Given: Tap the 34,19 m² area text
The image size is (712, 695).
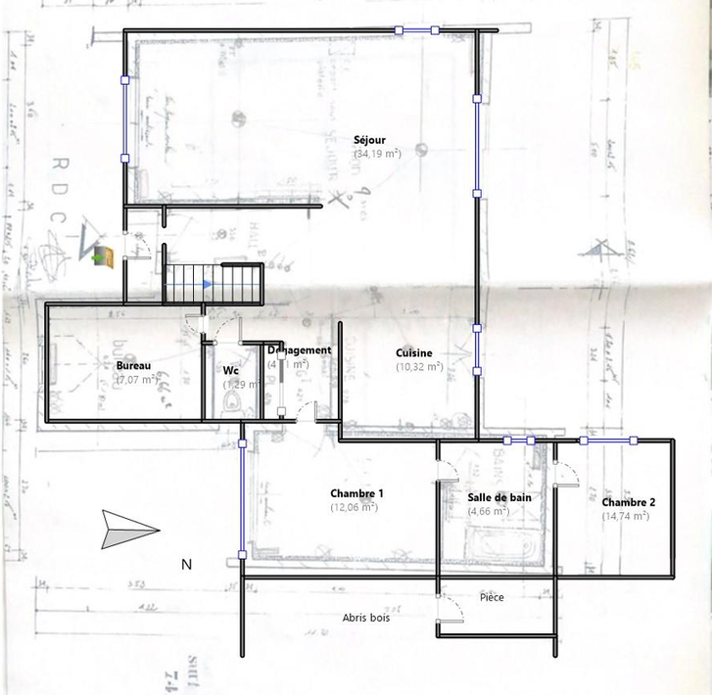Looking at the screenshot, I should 376,154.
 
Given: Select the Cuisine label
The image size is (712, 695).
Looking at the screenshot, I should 414,353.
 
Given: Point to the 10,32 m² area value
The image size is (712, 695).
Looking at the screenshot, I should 419,366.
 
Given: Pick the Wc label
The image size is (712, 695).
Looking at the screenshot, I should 231,371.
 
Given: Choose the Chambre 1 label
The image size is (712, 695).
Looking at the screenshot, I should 356,493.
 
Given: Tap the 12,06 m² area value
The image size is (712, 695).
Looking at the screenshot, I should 355,507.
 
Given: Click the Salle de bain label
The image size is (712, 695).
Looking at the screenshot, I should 499,497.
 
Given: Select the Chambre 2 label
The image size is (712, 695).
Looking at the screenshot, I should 629,502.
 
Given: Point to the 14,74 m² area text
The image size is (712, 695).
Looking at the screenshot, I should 626,515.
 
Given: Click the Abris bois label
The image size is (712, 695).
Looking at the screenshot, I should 366,618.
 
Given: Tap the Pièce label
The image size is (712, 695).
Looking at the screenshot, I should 492,597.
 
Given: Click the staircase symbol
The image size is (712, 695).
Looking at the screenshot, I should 214,284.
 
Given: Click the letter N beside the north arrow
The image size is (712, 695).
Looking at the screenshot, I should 185,565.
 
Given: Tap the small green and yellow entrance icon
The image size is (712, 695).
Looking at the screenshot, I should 103,257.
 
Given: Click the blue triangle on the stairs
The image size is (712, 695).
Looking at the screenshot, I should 207,284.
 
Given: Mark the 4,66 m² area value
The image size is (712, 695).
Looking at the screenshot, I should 488,511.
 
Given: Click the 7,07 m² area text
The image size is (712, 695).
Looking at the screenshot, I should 136,379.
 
